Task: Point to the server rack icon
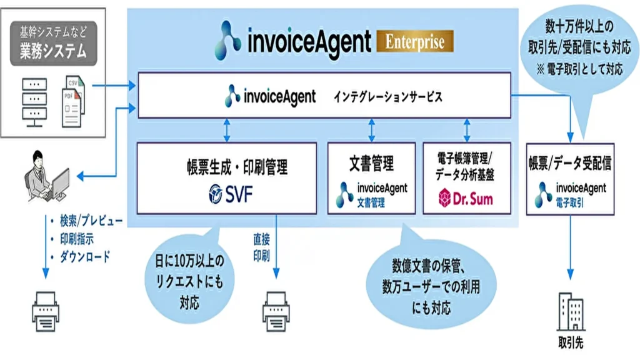pyautogui.click(x=34, y=101)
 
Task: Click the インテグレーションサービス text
pyautogui.click(x=388, y=97)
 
